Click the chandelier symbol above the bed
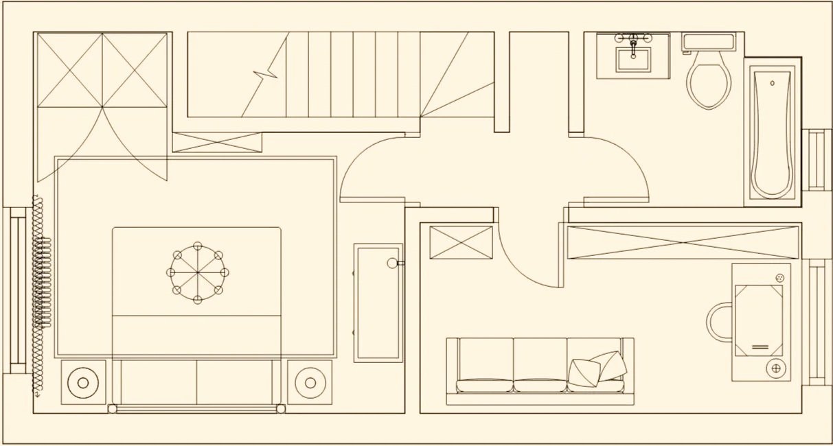pyautogui.click(x=198, y=272)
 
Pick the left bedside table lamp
pyautogui.click(x=83, y=382)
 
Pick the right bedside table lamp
pyautogui.click(x=310, y=382)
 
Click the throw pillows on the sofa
pyautogui.click(x=597, y=369)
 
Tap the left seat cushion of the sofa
pyautogui.click(x=485, y=364)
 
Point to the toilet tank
pyautogui.click(x=709, y=41)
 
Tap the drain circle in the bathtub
pyautogui.click(x=773, y=83)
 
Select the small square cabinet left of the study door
pyautogui.click(x=460, y=242)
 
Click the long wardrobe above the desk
pyautogui.click(x=683, y=242)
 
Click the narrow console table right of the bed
pyautogui.click(x=378, y=302)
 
